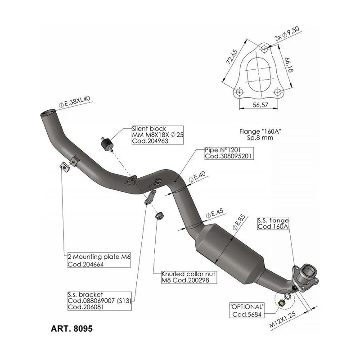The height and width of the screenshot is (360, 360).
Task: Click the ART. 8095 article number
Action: [x=72, y=328]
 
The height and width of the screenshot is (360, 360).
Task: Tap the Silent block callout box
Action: [x=157, y=135]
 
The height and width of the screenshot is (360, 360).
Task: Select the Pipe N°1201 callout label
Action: [x=229, y=153]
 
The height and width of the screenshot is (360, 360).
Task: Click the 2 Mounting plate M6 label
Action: [x=99, y=260]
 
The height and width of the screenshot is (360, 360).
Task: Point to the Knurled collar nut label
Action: [x=189, y=277]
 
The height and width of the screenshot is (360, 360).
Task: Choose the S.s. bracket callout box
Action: [x=99, y=301]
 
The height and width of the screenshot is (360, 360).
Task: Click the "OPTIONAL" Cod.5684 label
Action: [x=247, y=310]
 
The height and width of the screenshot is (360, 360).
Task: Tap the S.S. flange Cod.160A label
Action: [x=273, y=224]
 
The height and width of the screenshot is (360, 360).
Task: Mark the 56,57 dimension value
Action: [x=261, y=105]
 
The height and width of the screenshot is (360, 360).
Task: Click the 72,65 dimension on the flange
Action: [x=232, y=57]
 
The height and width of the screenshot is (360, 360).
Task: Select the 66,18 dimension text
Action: [x=289, y=65]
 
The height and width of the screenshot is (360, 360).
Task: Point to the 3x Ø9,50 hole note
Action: [x=287, y=33]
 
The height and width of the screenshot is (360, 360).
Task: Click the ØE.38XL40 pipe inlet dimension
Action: [x=75, y=102]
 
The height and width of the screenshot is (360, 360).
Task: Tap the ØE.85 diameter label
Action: [x=239, y=222]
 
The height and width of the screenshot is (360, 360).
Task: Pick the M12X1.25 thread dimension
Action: [x=283, y=320]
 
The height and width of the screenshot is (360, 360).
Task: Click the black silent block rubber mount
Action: [x=106, y=144]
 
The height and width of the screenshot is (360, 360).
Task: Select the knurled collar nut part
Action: [x=159, y=216]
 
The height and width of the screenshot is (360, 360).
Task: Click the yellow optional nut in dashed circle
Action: [x=281, y=303]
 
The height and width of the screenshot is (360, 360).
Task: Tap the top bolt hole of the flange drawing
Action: [x=264, y=49]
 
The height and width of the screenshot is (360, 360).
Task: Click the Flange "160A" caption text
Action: [x=260, y=135]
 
